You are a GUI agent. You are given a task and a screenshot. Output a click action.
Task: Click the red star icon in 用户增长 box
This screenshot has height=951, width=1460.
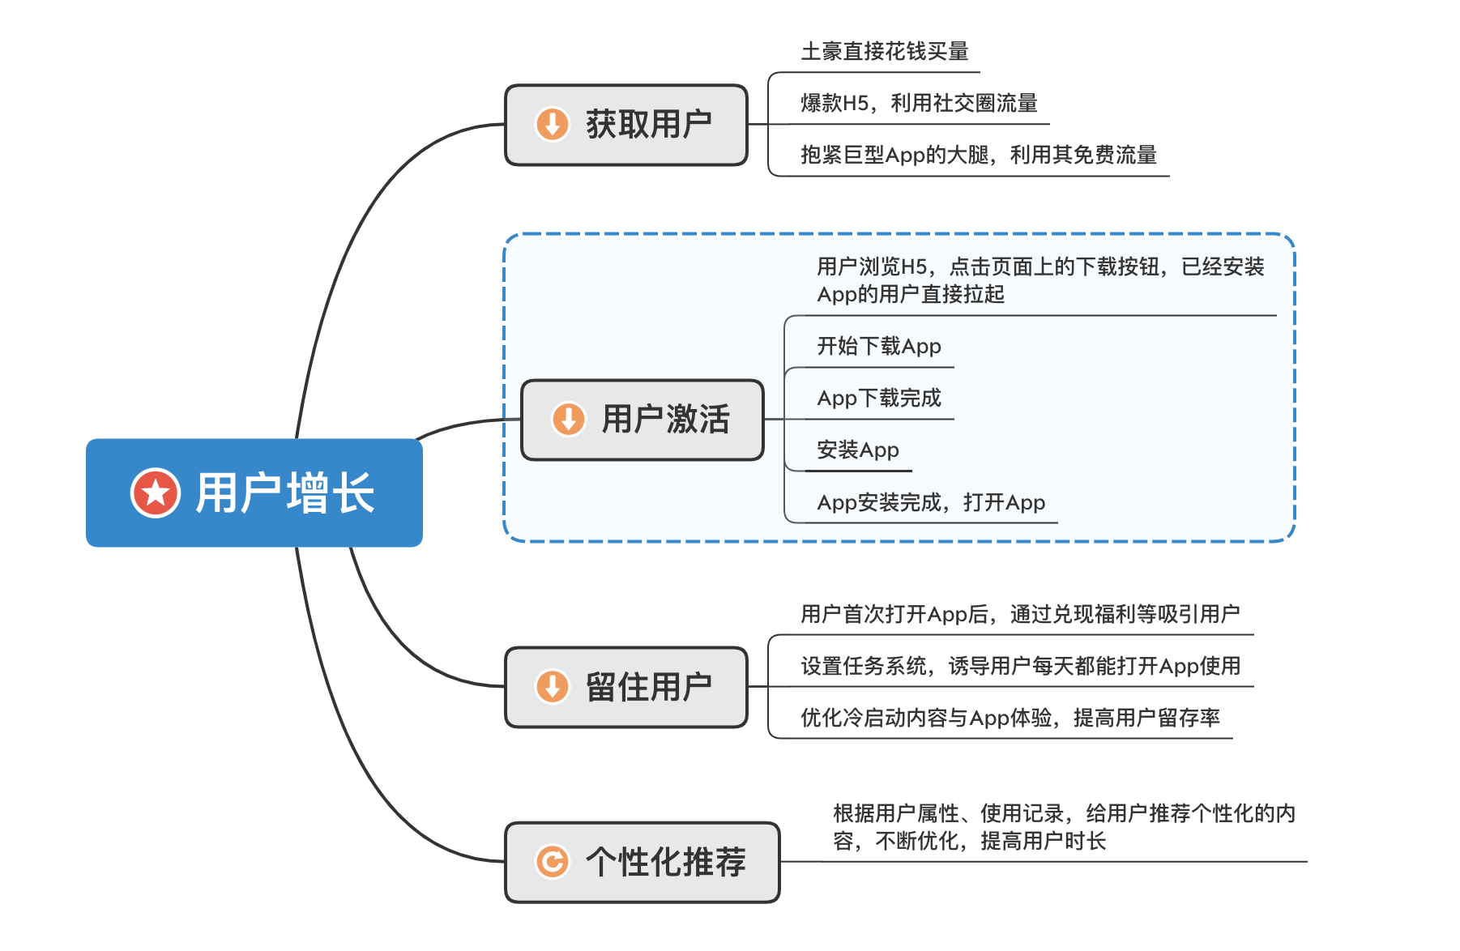click(x=156, y=493)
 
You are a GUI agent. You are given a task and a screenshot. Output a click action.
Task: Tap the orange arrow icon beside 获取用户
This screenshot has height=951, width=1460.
click(x=553, y=125)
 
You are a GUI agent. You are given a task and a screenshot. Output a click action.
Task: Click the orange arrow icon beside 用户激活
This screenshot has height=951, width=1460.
click(x=569, y=420)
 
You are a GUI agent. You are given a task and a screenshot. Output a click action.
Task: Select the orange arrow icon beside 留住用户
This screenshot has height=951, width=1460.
click(x=553, y=687)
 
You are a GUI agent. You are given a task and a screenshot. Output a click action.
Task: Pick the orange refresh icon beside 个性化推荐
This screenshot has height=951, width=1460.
click(x=553, y=862)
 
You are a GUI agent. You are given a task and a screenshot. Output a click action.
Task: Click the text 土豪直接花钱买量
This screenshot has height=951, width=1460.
click(x=885, y=52)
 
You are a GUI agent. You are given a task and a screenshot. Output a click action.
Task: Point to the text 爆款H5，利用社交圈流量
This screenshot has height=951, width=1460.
click(x=919, y=103)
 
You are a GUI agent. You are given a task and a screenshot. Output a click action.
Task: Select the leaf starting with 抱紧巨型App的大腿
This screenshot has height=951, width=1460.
click(x=978, y=155)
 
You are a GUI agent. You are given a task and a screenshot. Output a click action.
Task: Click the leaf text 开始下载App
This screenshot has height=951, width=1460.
click(x=879, y=346)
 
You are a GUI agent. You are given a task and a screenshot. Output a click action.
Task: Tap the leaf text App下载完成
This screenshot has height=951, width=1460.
click(x=879, y=398)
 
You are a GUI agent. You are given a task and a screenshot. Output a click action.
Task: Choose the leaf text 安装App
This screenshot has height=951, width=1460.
click(x=858, y=450)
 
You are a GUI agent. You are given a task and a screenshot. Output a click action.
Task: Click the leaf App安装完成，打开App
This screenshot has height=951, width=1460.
click(x=931, y=502)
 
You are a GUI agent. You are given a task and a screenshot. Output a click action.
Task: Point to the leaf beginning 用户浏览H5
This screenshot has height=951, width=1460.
click(x=1040, y=280)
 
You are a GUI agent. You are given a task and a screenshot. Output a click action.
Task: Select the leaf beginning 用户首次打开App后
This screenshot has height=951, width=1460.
click(x=1019, y=614)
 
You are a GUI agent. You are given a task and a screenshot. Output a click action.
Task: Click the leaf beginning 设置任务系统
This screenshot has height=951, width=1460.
click(x=1020, y=666)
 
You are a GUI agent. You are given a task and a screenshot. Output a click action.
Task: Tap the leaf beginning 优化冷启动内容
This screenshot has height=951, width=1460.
click(x=1010, y=718)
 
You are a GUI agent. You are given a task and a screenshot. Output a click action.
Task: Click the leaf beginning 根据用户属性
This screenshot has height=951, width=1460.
click(x=1064, y=827)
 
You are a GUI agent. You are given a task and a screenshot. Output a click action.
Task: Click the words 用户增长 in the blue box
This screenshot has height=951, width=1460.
click(x=285, y=493)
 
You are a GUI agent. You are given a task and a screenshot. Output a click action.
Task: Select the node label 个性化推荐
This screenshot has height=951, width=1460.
click(x=666, y=862)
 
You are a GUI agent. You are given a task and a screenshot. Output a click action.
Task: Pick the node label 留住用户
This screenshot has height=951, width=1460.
click(x=649, y=687)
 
